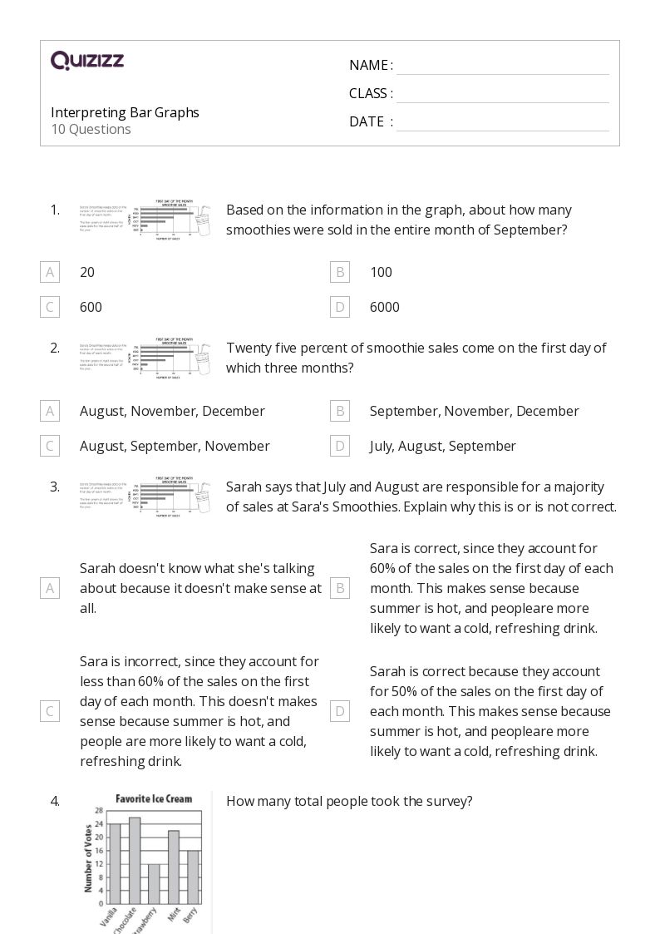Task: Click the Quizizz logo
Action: (x=87, y=61)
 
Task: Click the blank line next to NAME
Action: (x=502, y=67)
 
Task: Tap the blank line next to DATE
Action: (x=502, y=122)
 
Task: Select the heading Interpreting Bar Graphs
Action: (x=125, y=112)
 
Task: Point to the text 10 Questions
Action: (x=91, y=129)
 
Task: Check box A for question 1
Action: (x=50, y=272)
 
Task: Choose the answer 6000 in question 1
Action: (x=384, y=307)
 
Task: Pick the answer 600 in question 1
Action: (x=91, y=307)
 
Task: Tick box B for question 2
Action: (x=339, y=411)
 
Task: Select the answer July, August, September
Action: (x=442, y=446)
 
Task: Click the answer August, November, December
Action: (x=172, y=411)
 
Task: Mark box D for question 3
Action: (x=339, y=711)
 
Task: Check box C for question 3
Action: (x=50, y=711)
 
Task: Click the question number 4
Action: (x=55, y=802)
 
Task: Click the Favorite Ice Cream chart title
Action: (x=153, y=798)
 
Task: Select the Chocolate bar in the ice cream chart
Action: (x=135, y=861)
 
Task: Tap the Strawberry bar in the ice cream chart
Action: (x=154, y=884)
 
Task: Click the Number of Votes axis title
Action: (x=88, y=857)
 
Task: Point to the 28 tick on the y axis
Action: (x=99, y=810)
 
